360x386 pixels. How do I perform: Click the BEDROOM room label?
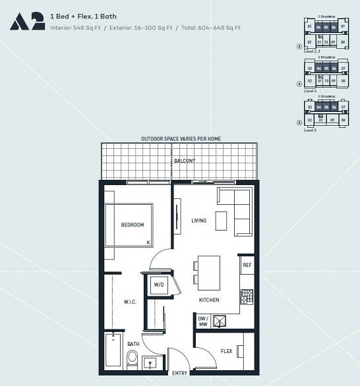(x=132, y=225)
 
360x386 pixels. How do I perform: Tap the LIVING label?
(x=199, y=221)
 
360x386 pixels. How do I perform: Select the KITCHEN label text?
(x=209, y=300)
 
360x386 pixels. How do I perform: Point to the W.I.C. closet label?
(x=129, y=302)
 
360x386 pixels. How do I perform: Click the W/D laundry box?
(x=159, y=286)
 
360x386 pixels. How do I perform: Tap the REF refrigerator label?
(x=247, y=265)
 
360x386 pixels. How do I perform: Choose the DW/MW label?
(x=203, y=321)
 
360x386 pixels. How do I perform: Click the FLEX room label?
(x=226, y=351)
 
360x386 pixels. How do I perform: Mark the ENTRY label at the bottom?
(x=179, y=373)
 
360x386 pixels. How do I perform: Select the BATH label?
(x=133, y=344)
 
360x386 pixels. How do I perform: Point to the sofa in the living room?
(x=235, y=211)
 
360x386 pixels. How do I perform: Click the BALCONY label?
(x=185, y=161)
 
